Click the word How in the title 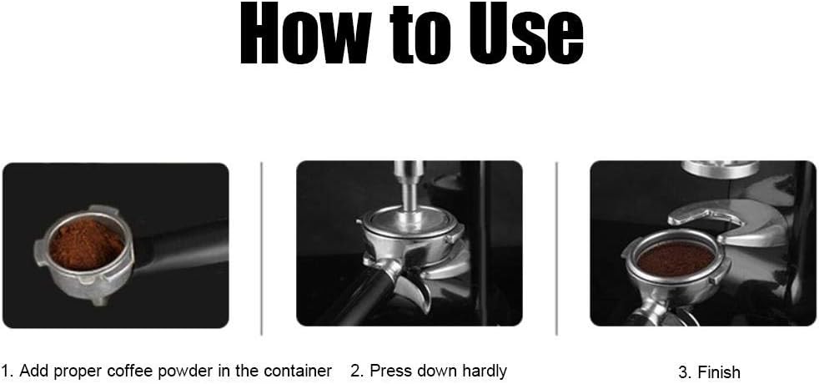(304, 35)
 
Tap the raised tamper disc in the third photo (721, 169)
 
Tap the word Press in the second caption (388, 371)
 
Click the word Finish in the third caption (718, 372)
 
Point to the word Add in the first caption (33, 371)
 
